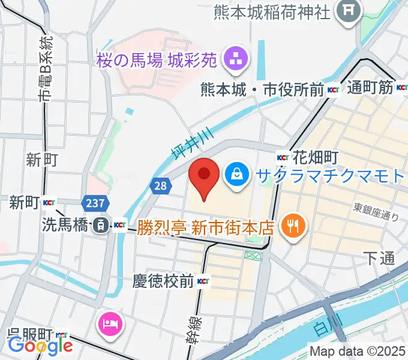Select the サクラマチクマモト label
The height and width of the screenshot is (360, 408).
[x=331, y=175]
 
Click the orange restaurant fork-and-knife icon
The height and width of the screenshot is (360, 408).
[x=293, y=226]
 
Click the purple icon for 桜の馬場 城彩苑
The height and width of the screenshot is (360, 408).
[x=232, y=59]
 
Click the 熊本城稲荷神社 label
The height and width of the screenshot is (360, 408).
[x=272, y=11]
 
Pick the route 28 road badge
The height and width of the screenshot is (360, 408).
[x=160, y=186]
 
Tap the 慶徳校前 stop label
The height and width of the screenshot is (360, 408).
[x=164, y=281]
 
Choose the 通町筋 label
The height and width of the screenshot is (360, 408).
[x=370, y=88]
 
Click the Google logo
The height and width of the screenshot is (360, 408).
[x=40, y=346]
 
